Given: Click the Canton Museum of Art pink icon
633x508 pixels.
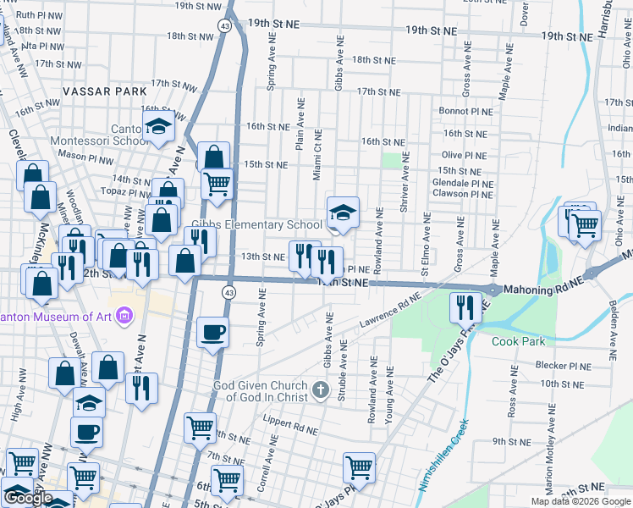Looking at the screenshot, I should (x=125, y=317).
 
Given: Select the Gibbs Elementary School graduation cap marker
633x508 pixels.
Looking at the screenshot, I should (x=344, y=213).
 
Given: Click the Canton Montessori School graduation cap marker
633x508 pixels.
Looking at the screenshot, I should (x=158, y=127).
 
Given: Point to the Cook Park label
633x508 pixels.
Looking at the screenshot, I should (x=517, y=341).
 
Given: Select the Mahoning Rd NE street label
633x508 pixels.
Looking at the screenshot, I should (x=542, y=290).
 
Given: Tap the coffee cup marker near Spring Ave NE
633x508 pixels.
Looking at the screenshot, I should (x=213, y=331).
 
